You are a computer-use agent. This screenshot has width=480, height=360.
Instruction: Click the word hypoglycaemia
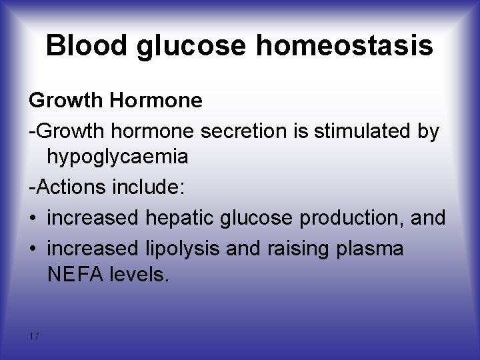(x=117, y=157)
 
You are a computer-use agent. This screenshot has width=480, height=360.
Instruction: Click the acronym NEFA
(x=73, y=275)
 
